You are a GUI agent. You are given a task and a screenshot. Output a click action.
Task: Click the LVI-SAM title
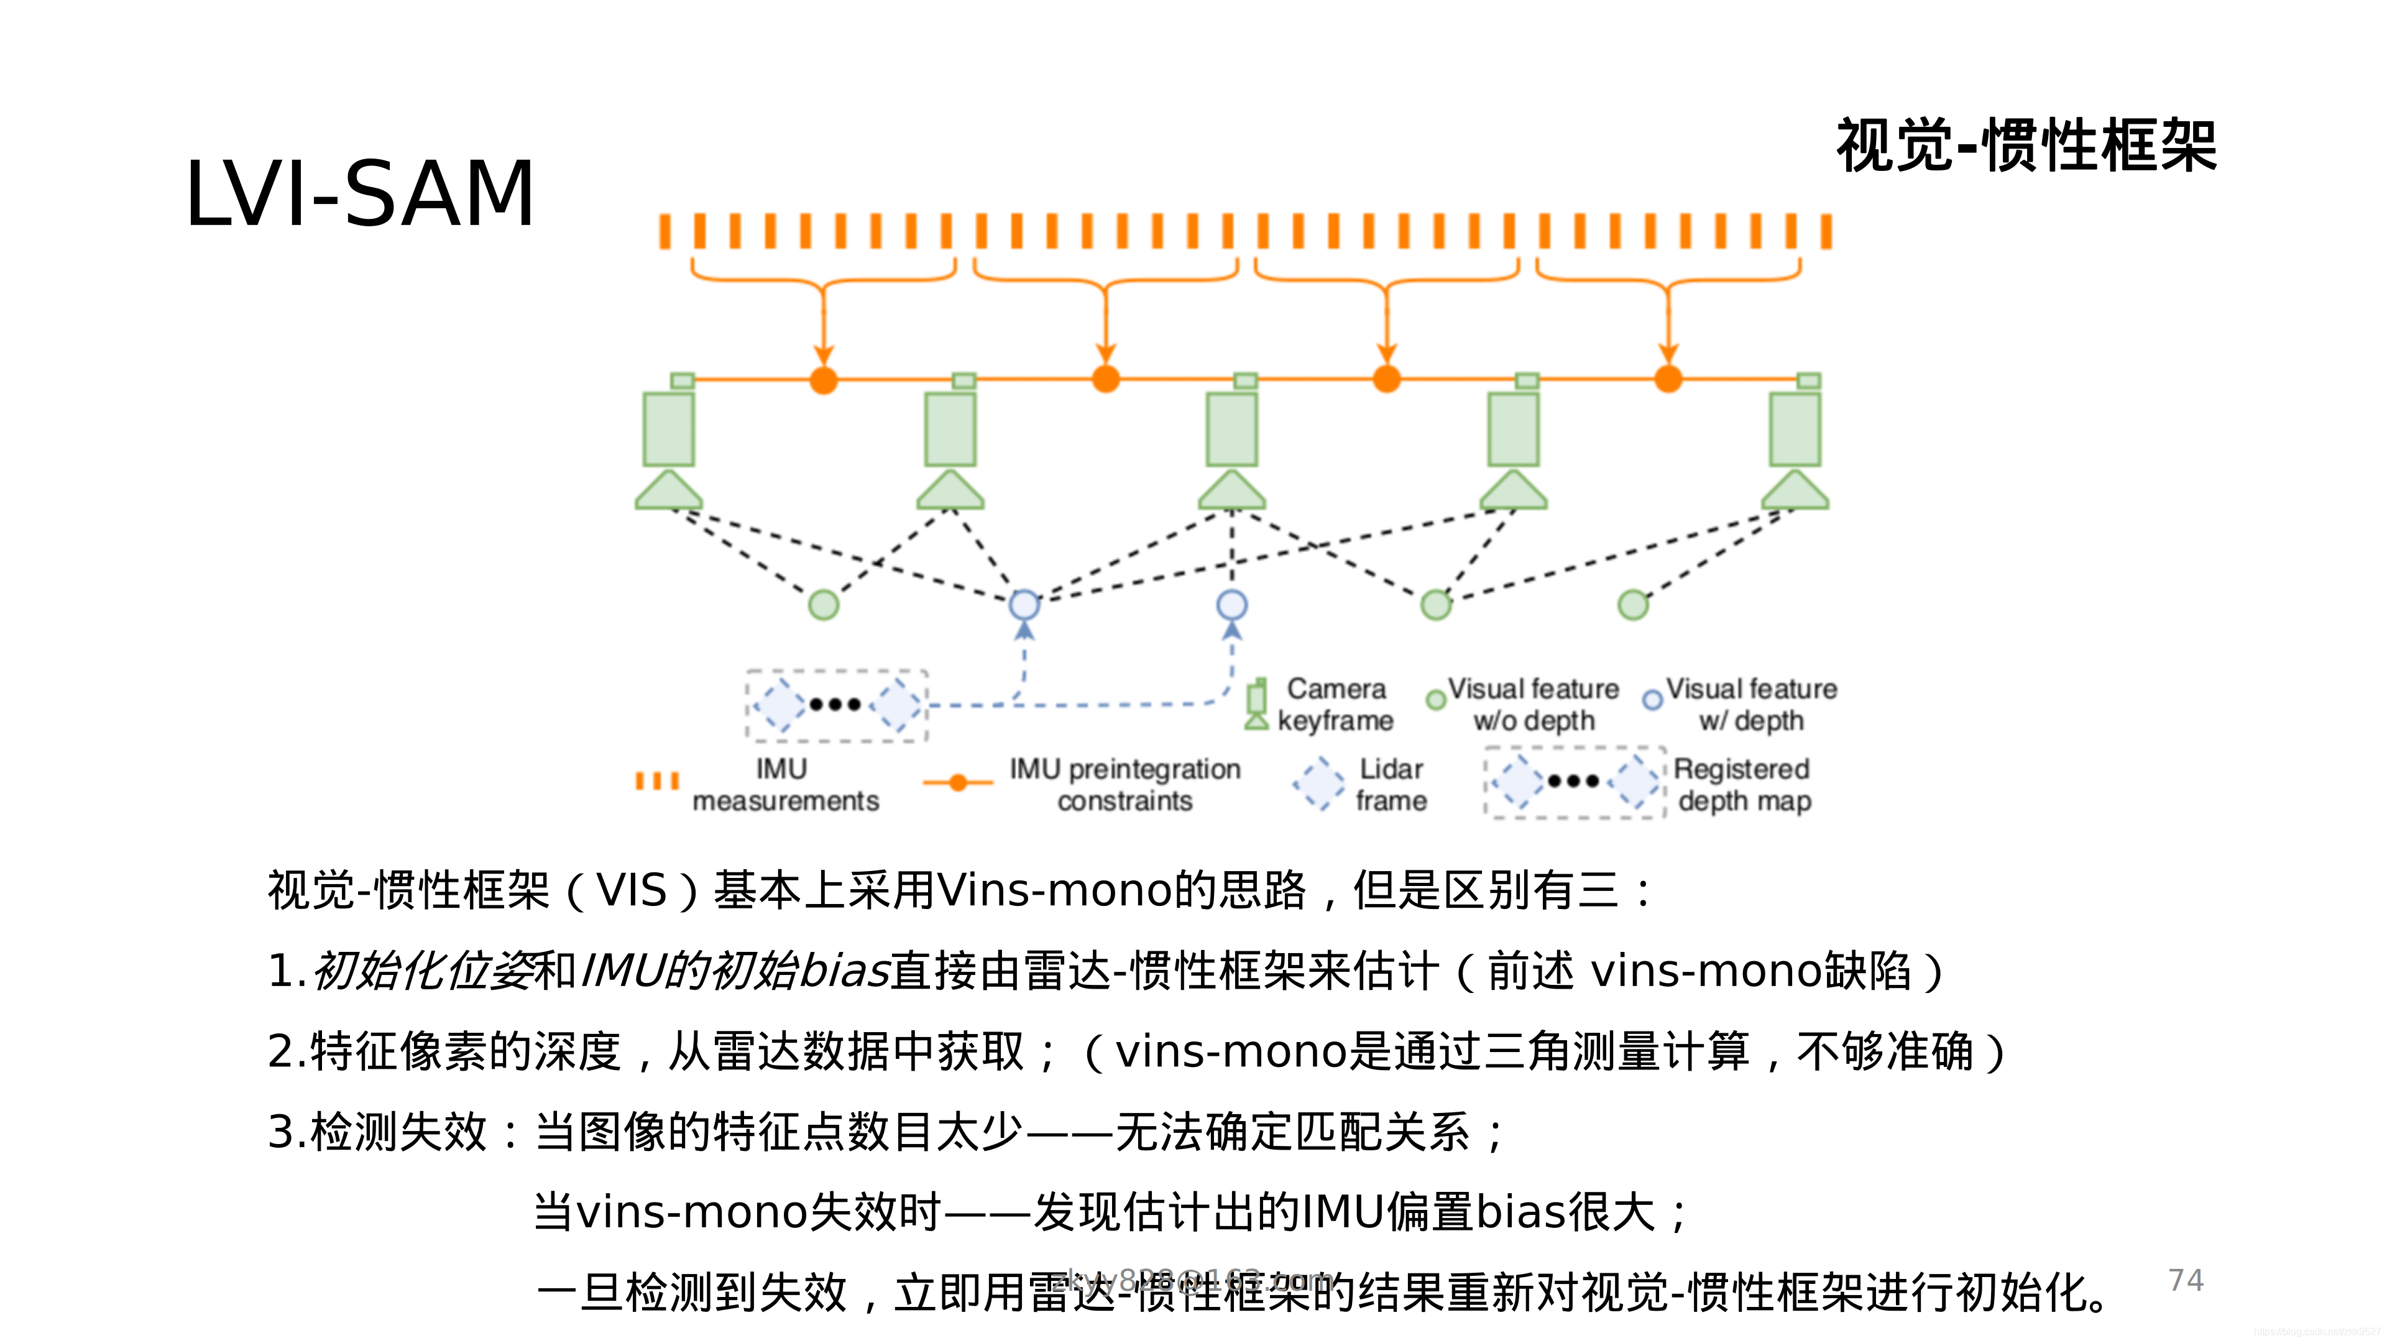[x=359, y=193]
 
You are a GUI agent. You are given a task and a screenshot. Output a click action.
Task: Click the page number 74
[x=2185, y=1280]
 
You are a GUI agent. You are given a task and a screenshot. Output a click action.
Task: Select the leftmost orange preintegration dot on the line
[x=824, y=380]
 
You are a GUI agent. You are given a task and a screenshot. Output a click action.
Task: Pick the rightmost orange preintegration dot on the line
[x=1668, y=379]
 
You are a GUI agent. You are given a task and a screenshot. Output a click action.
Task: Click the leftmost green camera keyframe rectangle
[x=668, y=429]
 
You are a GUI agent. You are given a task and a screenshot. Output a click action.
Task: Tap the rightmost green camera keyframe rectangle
[x=1795, y=429]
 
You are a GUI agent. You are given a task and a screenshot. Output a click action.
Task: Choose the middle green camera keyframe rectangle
[x=1231, y=429]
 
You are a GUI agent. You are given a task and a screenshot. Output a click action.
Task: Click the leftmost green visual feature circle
[x=824, y=605]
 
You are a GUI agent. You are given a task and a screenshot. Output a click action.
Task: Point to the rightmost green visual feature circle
[x=1633, y=605]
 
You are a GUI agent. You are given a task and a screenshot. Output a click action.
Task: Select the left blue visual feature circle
[x=1024, y=605]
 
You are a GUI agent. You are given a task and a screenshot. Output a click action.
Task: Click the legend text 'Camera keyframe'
[x=1335, y=704]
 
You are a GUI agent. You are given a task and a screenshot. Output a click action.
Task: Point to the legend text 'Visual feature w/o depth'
[x=1534, y=704]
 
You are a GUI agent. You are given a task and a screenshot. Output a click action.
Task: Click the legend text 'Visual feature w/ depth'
[x=1751, y=704]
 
